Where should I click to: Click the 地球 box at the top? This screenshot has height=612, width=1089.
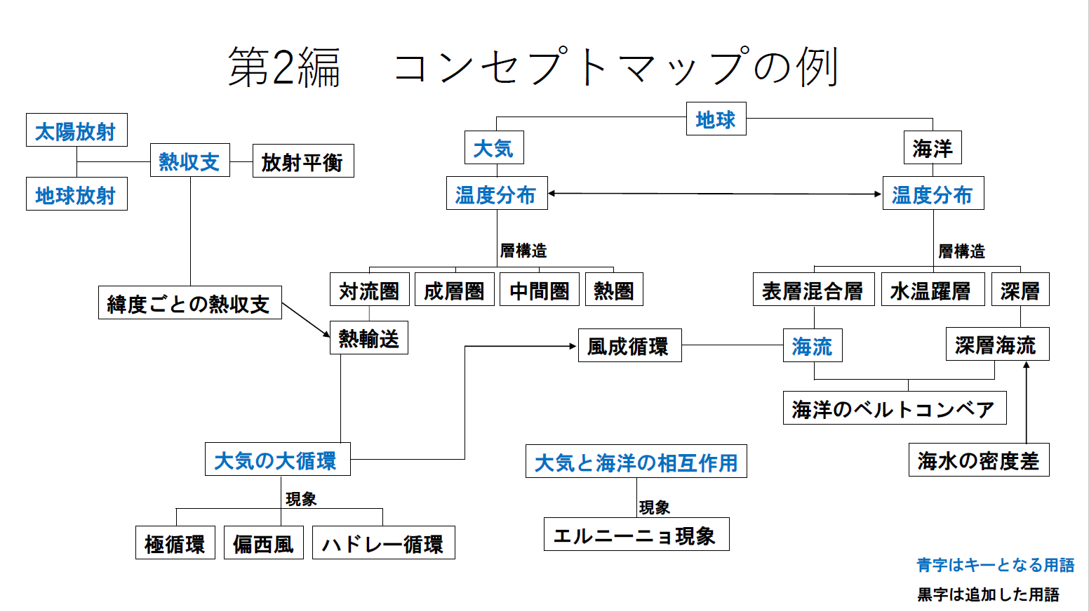tap(716, 119)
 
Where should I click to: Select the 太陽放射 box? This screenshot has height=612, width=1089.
tap(76, 131)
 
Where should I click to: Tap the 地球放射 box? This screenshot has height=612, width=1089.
tap(76, 194)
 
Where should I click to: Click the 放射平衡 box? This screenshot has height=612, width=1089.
tap(302, 161)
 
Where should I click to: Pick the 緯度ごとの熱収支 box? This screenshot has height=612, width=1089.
tap(189, 303)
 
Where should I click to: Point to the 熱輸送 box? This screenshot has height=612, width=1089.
tap(368, 338)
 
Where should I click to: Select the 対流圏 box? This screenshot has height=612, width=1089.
tap(369, 290)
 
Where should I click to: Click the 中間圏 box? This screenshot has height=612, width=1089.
tap(539, 290)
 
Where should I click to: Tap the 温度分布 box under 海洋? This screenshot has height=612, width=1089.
tap(933, 194)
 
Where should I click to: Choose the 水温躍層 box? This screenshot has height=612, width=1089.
tap(930, 290)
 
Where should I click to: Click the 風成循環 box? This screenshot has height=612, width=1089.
tap(629, 346)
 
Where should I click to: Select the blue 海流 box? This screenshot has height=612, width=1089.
tap(812, 346)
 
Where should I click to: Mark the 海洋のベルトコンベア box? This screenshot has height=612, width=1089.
tap(894, 408)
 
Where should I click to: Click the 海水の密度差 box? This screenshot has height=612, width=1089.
tap(978, 460)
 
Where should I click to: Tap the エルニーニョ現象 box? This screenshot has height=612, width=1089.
tap(636, 535)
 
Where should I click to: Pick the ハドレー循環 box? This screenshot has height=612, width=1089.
tap(383, 543)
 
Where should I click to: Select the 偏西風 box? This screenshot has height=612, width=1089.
tap(263, 543)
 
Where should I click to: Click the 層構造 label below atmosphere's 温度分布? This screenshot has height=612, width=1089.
tap(523, 251)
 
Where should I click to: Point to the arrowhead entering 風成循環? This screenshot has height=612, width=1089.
tap(573, 346)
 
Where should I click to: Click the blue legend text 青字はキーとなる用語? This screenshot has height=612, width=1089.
tap(995, 565)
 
